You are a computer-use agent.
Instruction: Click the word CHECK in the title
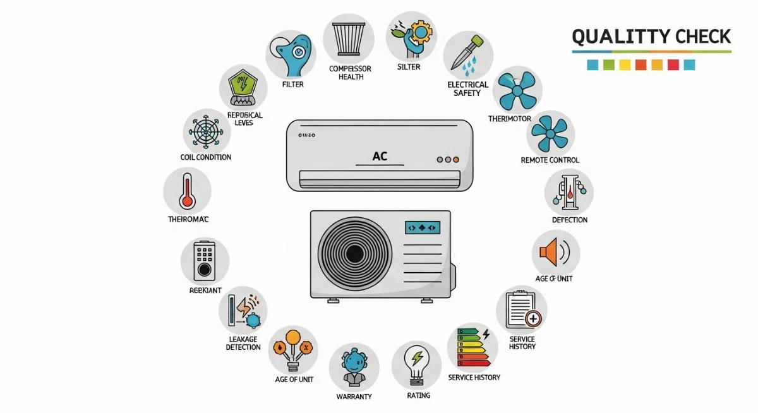(695, 37)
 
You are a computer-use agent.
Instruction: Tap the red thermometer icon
(187, 191)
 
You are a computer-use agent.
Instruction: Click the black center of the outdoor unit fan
(354, 254)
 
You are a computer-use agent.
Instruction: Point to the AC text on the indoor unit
(380, 156)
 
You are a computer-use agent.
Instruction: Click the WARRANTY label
(354, 397)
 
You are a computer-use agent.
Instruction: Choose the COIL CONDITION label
(206, 157)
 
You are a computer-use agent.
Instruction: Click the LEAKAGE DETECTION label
(243, 343)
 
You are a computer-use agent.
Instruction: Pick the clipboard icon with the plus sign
(522, 309)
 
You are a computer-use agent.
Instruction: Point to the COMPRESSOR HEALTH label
(351, 73)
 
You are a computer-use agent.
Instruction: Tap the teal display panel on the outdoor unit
(423, 227)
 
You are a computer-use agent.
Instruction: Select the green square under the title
(608, 64)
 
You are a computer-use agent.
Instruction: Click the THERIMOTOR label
(509, 119)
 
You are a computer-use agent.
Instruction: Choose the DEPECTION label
(569, 220)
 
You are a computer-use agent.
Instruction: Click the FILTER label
(292, 84)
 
